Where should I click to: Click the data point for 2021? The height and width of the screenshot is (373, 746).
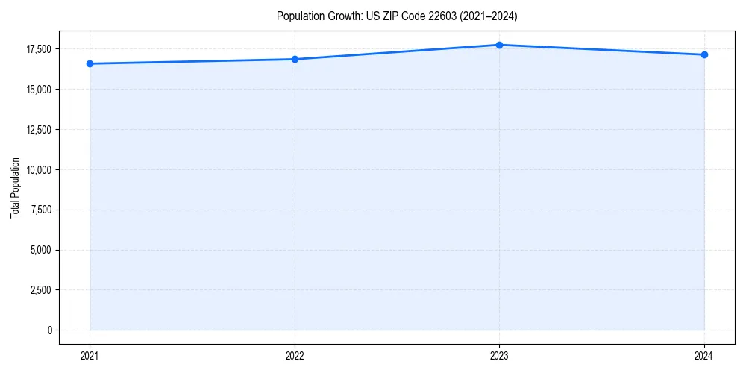point(90,64)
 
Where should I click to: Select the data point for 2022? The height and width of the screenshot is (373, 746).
point(295,60)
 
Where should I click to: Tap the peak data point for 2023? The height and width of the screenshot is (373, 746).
point(499,45)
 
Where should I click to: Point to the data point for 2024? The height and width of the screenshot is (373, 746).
point(704,55)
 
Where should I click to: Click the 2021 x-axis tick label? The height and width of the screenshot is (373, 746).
point(90,355)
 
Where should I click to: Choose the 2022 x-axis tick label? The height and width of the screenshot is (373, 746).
point(295,355)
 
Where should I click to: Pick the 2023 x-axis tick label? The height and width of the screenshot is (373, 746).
point(499,355)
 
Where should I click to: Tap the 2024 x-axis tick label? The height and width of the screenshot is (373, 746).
point(704,355)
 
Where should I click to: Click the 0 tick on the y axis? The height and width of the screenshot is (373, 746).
point(49,330)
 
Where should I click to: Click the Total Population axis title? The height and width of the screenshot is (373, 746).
point(15,187)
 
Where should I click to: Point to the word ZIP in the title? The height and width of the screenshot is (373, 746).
point(374,16)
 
